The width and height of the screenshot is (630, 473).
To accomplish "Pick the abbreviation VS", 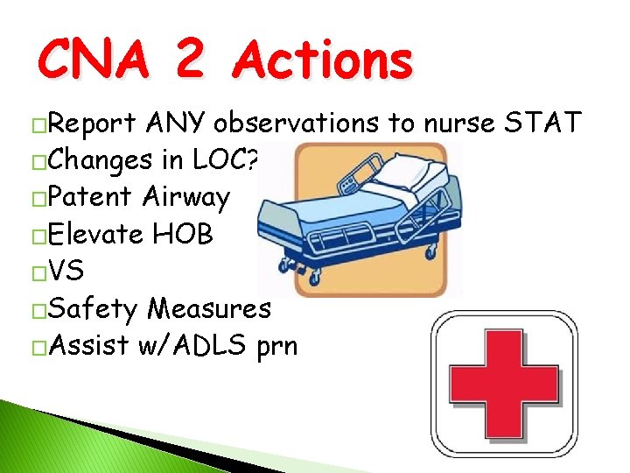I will (x=67, y=271).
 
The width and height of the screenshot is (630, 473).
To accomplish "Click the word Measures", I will (x=209, y=308).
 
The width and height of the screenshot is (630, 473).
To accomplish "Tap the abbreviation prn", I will (x=277, y=345).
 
